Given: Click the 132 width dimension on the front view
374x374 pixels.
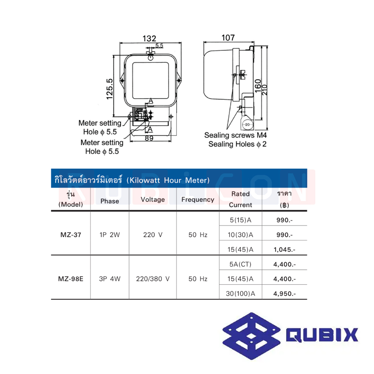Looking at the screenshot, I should [149, 39].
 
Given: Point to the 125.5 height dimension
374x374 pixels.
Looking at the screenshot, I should [109, 89].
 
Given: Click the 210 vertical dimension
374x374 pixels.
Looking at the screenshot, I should [265, 88].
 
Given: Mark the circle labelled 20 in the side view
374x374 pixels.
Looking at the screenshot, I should [247, 125].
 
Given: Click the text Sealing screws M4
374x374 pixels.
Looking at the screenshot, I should [236, 135].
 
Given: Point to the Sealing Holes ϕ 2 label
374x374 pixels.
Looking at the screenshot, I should [237, 144].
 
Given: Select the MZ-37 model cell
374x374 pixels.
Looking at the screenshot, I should [70, 235].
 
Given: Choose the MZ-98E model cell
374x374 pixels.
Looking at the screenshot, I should [71, 279].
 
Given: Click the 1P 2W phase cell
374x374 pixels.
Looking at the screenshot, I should [110, 235].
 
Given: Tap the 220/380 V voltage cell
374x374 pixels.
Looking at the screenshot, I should [153, 279].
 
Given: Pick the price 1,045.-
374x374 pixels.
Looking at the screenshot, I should [284, 249].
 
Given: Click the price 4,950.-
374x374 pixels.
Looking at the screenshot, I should [284, 294].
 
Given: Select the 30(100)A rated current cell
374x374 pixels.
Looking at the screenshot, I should [240, 294].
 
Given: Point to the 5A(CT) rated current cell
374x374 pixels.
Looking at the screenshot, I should [240, 264].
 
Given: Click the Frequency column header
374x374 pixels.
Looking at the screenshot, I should [197, 199].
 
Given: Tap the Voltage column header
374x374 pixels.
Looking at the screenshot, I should [153, 199].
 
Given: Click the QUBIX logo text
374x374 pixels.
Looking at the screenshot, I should [322, 335].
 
